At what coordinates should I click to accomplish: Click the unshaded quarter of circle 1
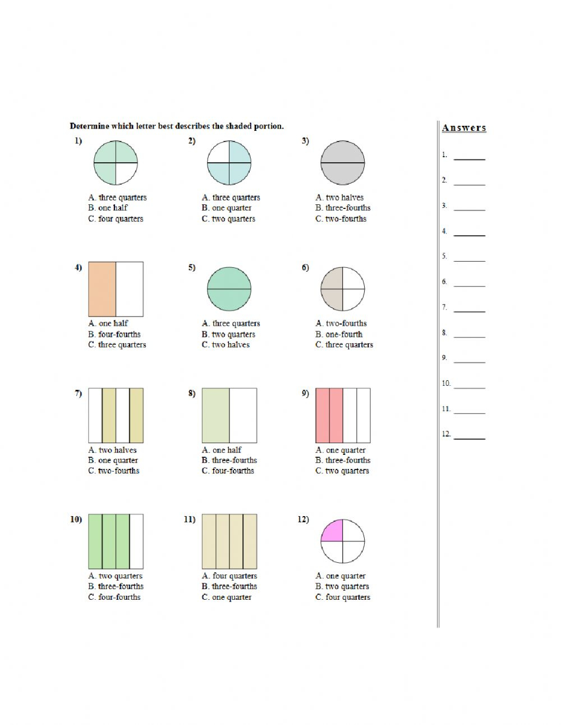(124, 171)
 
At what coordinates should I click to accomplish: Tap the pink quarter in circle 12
(334, 532)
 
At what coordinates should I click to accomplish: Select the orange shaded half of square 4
(102, 289)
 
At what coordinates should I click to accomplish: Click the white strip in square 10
(136, 541)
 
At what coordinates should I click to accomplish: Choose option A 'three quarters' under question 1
(117, 198)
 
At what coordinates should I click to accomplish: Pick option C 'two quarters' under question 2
(228, 219)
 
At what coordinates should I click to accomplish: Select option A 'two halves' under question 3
(339, 198)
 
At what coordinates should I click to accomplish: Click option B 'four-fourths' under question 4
(114, 334)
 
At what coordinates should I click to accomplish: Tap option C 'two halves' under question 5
(226, 345)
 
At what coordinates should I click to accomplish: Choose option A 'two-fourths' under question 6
(341, 323)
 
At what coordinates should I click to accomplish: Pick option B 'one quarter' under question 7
(113, 460)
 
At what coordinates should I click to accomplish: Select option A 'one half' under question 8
(222, 450)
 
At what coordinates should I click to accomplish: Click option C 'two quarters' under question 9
(342, 471)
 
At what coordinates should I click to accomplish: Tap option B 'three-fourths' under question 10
(116, 586)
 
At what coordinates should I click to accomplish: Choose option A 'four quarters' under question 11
(229, 576)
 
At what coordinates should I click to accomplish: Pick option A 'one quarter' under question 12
(341, 576)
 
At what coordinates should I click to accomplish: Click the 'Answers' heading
(464, 128)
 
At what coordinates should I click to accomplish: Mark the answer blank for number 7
(470, 312)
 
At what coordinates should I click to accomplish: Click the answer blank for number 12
(470, 439)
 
